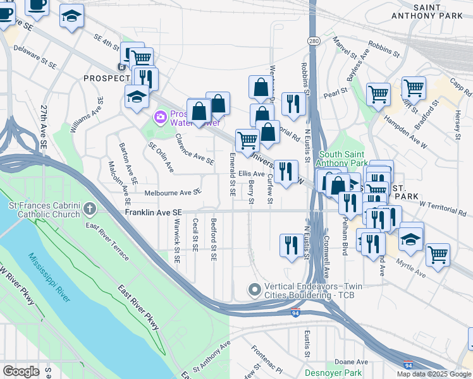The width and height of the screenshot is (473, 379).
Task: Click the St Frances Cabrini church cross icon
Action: coord(90,208)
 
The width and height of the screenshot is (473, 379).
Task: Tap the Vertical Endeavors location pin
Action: coord(255,290)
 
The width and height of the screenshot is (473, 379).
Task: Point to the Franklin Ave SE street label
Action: coord(153,214)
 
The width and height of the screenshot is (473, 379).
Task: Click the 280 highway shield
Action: coord(314,40)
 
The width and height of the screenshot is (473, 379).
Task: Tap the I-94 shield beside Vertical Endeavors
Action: coord(295,313)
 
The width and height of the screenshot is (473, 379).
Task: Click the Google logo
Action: coord(21,371)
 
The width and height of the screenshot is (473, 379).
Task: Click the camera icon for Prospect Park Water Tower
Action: coord(160,116)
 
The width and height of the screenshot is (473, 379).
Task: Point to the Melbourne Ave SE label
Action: coord(172,193)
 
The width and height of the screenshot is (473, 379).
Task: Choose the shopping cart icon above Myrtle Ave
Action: coord(438,255)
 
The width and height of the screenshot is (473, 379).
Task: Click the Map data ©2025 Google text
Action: coord(433,374)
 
